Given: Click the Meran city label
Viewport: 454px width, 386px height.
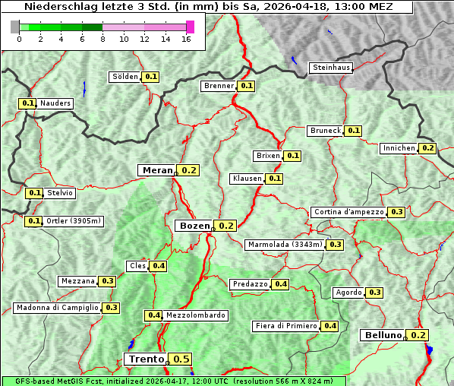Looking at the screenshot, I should [x=156, y=170].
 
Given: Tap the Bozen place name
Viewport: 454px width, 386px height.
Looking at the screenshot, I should [x=193, y=226].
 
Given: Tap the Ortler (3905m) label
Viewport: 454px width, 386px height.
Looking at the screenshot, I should [x=74, y=221].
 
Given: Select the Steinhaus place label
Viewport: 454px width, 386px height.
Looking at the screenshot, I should [x=332, y=68].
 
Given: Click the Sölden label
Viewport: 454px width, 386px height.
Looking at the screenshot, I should [x=125, y=77].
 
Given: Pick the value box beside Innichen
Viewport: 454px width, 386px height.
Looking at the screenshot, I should [x=428, y=148].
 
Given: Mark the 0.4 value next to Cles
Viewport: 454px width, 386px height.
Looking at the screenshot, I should [x=159, y=266].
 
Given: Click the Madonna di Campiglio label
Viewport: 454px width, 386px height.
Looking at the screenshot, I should [x=57, y=308].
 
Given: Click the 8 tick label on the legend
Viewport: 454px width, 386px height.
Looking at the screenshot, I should [x=102, y=40].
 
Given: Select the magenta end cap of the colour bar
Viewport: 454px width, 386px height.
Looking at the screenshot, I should [x=190, y=27].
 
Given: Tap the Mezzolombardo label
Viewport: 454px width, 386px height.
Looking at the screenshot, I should [x=195, y=315].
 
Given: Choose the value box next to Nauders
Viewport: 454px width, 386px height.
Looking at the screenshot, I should [x=28, y=103].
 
